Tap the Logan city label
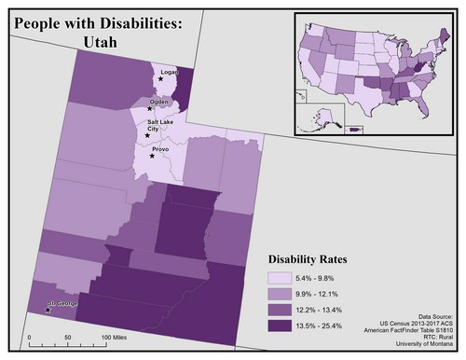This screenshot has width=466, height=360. pos(169,72)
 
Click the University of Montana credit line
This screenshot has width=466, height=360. pos(425,345)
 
